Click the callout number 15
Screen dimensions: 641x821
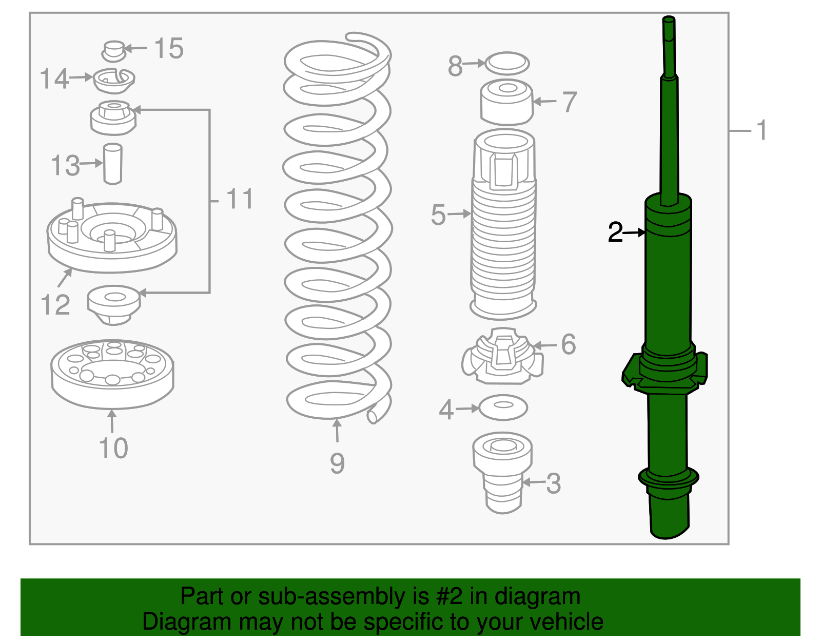pos(169,49)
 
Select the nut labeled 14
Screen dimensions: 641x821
pos(114,81)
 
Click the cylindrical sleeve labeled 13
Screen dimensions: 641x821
pos(112,164)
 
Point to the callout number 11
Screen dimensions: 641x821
pos(240,199)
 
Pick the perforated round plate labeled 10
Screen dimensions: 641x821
pos(112,373)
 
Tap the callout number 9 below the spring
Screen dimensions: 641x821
pos(337,463)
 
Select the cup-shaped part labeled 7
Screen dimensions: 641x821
pos(507,102)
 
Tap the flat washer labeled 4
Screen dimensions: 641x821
pos(503,407)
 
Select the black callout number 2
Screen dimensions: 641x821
pos(615,232)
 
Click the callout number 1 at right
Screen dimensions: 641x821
pos(762,130)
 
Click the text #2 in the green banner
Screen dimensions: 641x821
pos(449,597)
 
